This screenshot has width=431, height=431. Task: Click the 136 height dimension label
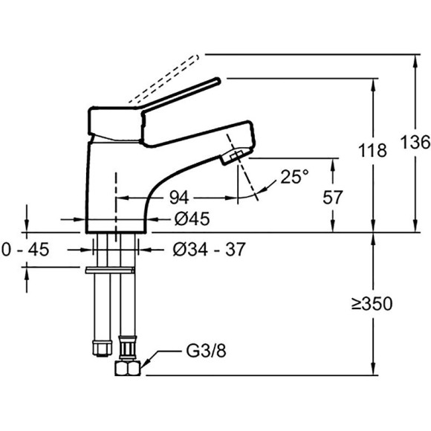415,143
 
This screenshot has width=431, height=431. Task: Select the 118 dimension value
372,151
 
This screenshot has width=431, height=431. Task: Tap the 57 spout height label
333,197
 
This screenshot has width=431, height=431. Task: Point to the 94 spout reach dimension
179,198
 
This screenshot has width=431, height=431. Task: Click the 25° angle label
295,176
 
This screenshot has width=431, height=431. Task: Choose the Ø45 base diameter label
192,218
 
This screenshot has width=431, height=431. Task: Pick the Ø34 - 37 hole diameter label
209,250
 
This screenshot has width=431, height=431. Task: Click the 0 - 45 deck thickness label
25,250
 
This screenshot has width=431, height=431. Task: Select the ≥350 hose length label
372,304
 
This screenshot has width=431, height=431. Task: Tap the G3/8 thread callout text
206,351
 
